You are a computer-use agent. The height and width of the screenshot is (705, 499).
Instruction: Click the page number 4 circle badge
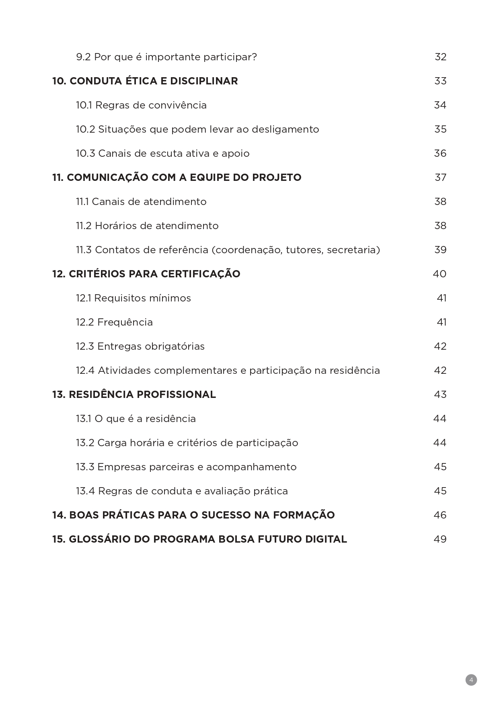coord(471,680)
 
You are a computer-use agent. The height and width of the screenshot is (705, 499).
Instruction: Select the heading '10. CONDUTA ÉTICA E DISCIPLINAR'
coord(145,81)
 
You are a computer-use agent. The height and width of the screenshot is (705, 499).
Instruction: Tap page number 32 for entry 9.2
coord(440,57)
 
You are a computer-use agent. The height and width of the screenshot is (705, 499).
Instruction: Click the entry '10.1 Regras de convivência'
coord(141,105)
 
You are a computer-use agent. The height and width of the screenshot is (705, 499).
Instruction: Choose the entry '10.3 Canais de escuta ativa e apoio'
coord(162,153)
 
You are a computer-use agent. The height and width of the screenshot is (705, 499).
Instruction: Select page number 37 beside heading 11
coord(440,177)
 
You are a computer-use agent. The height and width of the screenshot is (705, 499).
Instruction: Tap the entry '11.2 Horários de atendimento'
coord(147,225)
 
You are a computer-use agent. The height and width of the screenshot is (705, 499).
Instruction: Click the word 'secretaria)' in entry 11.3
coord(353,250)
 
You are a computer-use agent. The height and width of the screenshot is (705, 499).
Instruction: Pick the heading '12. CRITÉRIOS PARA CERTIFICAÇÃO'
coord(146,274)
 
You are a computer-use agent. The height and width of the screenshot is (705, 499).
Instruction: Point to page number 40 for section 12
coord(439,274)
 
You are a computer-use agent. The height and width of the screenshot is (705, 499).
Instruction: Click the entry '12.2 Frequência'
coord(114,322)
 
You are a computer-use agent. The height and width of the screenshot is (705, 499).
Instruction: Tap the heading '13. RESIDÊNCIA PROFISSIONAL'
coord(134,394)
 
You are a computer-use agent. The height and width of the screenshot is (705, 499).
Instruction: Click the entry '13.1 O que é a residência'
coord(136,418)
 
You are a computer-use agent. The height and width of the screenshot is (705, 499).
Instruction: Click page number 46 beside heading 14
coord(440,515)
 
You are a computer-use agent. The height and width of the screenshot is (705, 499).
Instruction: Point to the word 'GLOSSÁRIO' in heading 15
coord(99,539)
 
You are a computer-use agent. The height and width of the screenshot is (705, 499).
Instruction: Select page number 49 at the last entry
coord(440,539)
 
